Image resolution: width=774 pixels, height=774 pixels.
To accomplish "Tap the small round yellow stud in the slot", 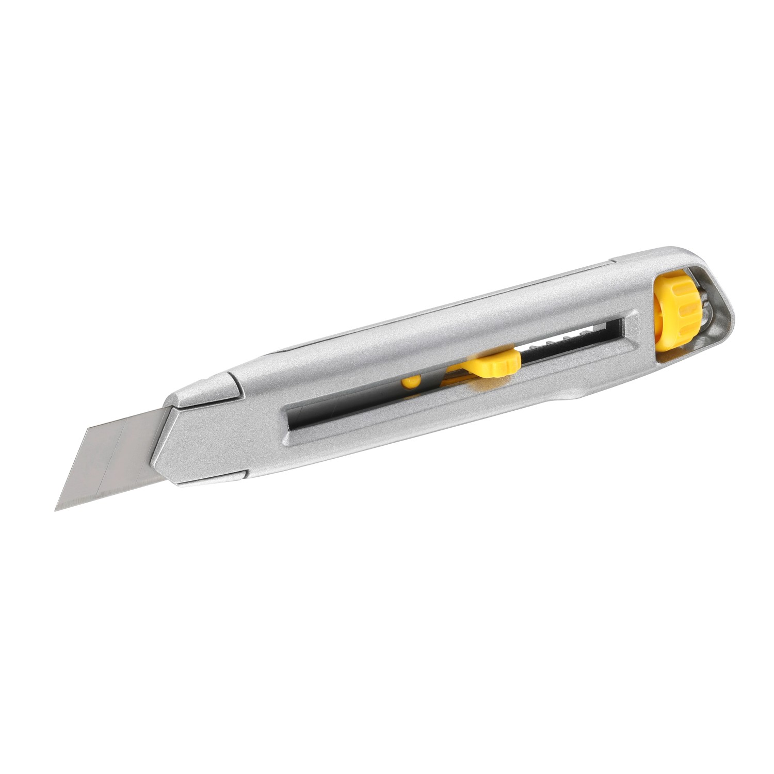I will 411,382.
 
